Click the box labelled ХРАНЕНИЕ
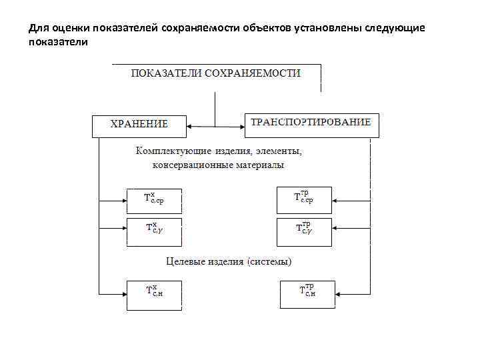(x=139, y=125)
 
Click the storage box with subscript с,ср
(x=153, y=199)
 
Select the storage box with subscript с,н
(x=153, y=293)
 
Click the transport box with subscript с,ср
(x=303, y=198)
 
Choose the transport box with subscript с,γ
(x=303, y=229)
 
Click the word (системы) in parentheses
(x=269, y=261)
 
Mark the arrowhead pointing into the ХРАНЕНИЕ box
(x=190, y=125)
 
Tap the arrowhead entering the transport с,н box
(x=339, y=293)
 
